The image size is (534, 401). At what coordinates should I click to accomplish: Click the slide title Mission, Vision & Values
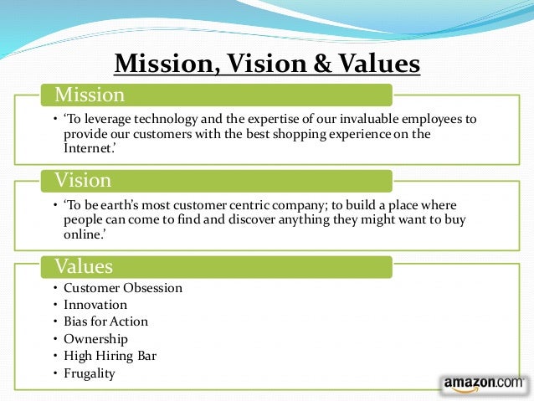(267, 64)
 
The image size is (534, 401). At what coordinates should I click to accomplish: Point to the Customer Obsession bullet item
(122, 288)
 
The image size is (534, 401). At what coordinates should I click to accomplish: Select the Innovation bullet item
(95, 305)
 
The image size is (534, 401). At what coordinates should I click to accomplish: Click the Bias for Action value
(105, 321)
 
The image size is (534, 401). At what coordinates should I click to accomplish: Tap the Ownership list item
(95, 339)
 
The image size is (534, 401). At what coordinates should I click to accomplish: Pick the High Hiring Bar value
(110, 356)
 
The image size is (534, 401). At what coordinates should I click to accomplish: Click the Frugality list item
(90, 373)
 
